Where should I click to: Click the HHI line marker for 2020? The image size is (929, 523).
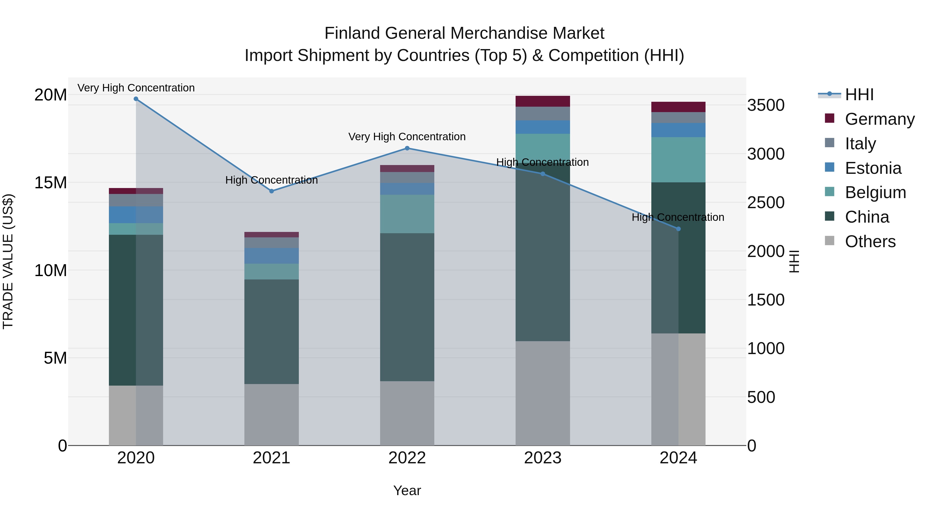136,99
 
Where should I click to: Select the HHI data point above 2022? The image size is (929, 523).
407,148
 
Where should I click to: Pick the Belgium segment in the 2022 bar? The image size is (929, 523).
407,214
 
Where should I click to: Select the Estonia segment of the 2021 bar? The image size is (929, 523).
271,256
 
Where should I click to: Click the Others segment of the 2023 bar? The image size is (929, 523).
542,393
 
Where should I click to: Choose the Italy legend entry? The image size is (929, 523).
860,144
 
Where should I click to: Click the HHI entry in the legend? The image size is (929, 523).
859,95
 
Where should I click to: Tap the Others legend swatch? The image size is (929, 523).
829,241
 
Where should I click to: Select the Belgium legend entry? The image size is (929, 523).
875,192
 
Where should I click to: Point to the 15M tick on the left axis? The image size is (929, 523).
51,183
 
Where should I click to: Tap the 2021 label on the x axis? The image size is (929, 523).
271,458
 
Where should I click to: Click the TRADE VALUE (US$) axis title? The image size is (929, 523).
8,261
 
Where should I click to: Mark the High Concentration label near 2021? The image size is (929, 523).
271,180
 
